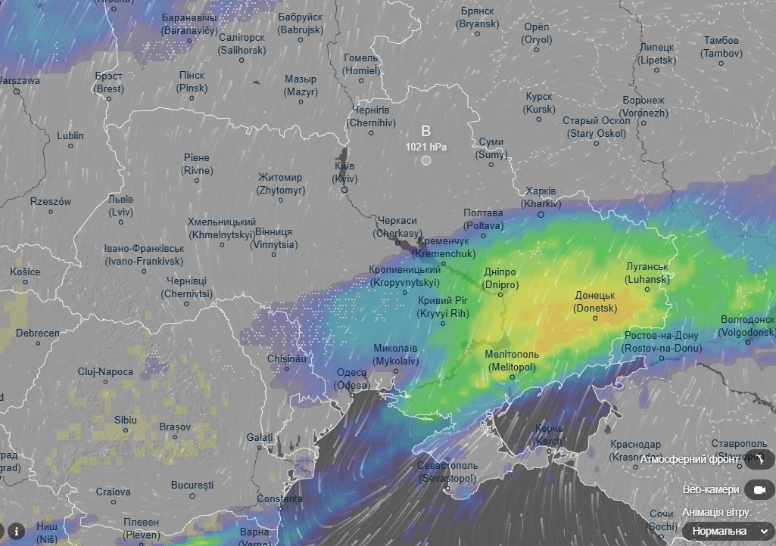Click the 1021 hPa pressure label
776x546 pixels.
click(425, 146)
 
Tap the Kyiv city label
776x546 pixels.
click(344, 172)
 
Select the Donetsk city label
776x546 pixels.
click(595, 302)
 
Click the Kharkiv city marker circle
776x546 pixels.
click(541, 215)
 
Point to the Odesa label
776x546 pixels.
click(351, 378)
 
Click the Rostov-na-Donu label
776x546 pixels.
click(661, 342)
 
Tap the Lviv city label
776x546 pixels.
click(120, 206)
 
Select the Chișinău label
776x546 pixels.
click(286, 358)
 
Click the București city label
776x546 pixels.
click(192, 484)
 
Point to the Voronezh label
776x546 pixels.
click(644, 107)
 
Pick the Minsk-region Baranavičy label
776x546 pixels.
click(189, 24)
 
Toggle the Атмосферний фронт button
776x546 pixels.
click(759, 459)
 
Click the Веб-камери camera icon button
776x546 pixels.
click(759, 490)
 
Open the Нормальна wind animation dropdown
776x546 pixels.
click(728, 531)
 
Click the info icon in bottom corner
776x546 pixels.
click(17, 530)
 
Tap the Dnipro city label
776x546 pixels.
click(500, 278)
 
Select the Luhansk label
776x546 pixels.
click(647, 273)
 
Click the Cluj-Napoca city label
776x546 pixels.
click(105, 372)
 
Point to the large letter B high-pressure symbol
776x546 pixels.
click(425, 131)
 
